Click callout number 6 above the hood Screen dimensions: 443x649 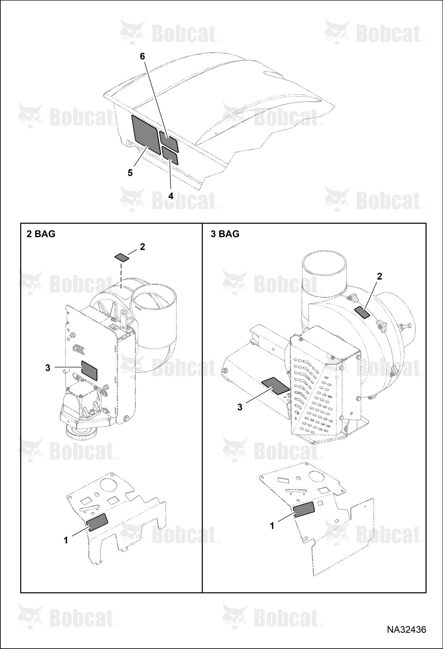[x=143, y=56]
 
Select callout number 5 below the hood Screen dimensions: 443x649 [x=130, y=173]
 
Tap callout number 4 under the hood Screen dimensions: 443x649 [x=171, y=196]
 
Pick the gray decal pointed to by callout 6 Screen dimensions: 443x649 [x=169, y=141]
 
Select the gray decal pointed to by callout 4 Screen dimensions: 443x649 [x=170, y=155]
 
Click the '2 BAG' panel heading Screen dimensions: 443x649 [x=41, y=234]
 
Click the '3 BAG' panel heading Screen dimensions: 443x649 [x=225, y=234]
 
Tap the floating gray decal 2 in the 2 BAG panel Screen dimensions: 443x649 [x=122, y=257]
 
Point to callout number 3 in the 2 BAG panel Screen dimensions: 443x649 [x=48, y=368]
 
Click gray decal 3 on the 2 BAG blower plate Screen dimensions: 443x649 [x=89, y=370]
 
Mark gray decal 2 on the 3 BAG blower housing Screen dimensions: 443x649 [x=362, y=312]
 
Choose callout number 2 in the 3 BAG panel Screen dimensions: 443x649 [x=379, y=276]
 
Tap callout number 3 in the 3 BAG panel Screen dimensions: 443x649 [x=240, y=407]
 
